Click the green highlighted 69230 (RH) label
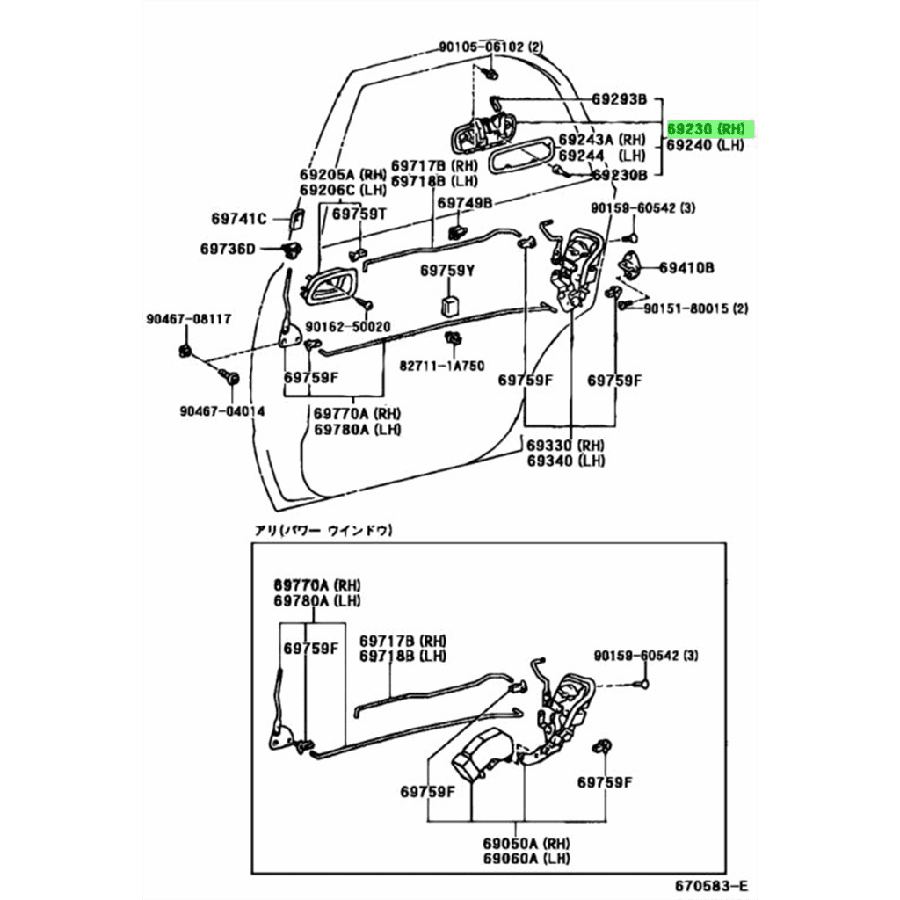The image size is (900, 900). pos(710,129)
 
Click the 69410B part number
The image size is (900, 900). pos(686,266)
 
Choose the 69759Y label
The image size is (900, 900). pos(446,271)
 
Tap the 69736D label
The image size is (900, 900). pos(227,250)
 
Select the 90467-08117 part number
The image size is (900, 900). pos(188,319)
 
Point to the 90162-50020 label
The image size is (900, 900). pos(349,326)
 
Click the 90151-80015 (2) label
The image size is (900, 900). pos(694,308)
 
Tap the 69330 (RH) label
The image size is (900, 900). pos(566,445)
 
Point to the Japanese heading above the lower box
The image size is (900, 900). pos(323,530)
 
